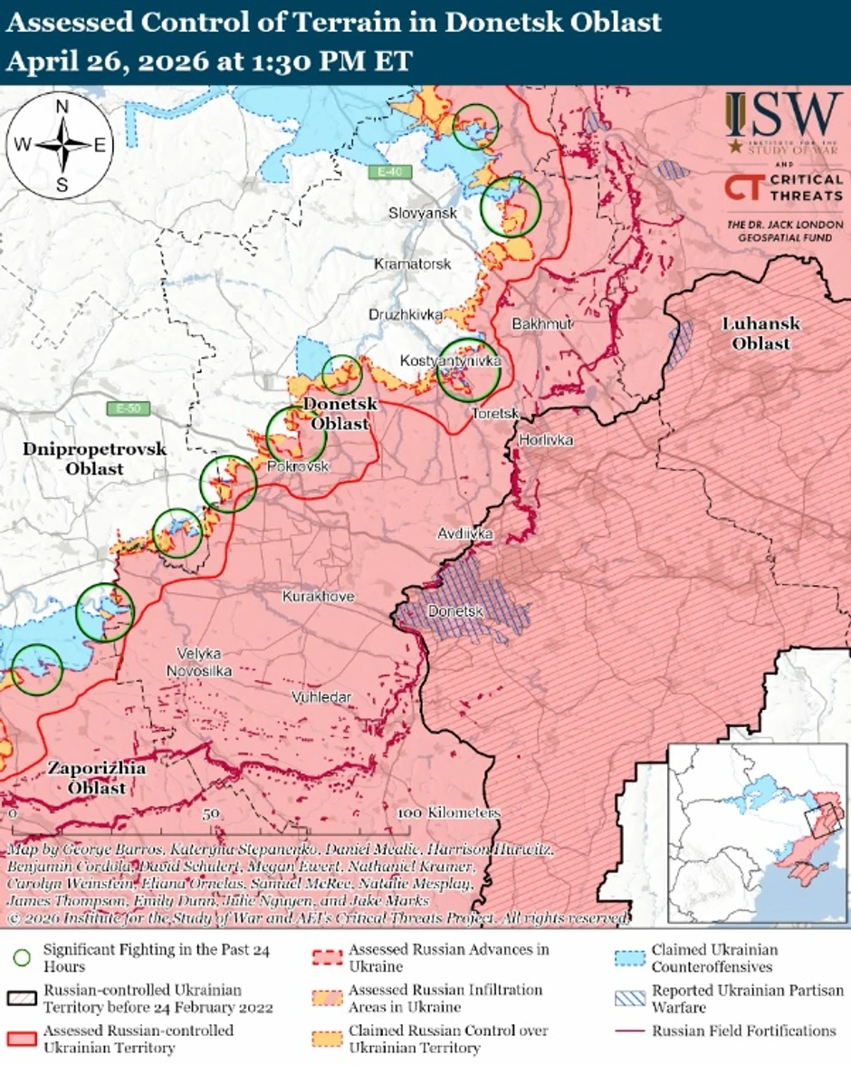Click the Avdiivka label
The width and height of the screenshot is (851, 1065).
pos(465,534)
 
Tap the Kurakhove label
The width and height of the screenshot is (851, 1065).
pos(318,597)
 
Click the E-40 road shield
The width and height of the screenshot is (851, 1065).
pos(390,171)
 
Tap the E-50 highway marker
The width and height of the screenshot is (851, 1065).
pos(126,408)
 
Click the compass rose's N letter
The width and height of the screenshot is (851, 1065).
pos(62,107)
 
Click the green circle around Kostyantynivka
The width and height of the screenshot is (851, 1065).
pos(468,369)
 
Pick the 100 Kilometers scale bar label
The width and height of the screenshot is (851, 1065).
pos(448,812)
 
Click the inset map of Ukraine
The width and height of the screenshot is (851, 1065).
pos(757,833)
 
